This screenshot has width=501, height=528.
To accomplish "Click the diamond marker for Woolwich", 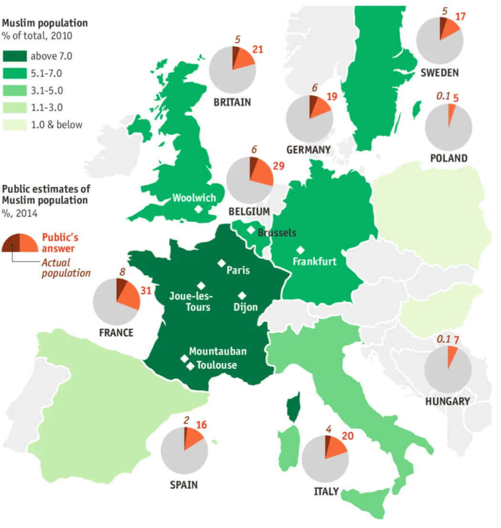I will tap(198, 209).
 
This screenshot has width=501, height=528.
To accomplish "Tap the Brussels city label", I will tap(277, 233).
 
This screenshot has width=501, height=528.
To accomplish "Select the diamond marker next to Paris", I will tap(221, 263).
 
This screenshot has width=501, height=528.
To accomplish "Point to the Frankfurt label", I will tap(314, 262).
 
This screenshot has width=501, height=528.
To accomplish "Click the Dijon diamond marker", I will tap(242, 296).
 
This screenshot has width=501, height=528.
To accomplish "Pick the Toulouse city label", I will tap(216, 365).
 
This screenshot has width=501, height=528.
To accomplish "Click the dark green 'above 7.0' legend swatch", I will tap(14, 56).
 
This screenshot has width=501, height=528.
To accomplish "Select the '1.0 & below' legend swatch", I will tap(14, 125).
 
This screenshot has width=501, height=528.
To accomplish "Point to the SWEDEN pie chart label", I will tap(439, 73).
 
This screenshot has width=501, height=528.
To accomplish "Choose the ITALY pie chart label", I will tap(326, 491).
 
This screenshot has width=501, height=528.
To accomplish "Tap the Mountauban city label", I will tap(218, 352).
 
